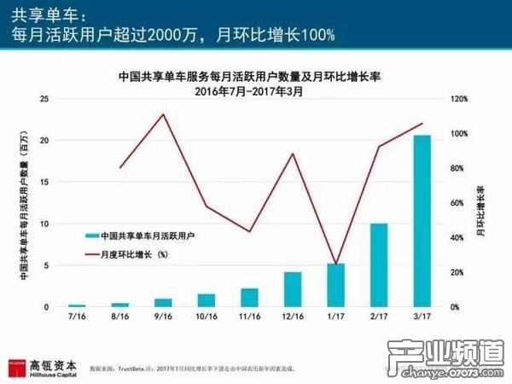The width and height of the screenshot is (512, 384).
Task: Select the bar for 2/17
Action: (x=378, y=265)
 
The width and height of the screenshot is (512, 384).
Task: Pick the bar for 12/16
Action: (x=292, y=289)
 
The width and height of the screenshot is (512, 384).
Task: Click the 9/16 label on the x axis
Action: (x=162, y=317)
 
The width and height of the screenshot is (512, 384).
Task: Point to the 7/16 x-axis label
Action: (x=77, y=317)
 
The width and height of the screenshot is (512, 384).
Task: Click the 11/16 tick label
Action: (x=248, y=317)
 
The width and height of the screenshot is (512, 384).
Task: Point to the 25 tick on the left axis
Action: (x=46, y=100)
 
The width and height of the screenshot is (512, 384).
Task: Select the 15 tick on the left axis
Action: (x=46, y=183)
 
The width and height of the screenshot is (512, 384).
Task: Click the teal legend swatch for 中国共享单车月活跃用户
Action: (x=90, y=235)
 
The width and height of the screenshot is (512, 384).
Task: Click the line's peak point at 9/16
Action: (x=162, y=114)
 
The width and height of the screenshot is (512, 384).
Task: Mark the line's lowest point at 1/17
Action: (x=335, y=265)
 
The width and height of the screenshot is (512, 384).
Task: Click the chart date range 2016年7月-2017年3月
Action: (x=249, y=90)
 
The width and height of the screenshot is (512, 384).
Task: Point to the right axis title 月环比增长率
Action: (x=480, y=205)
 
